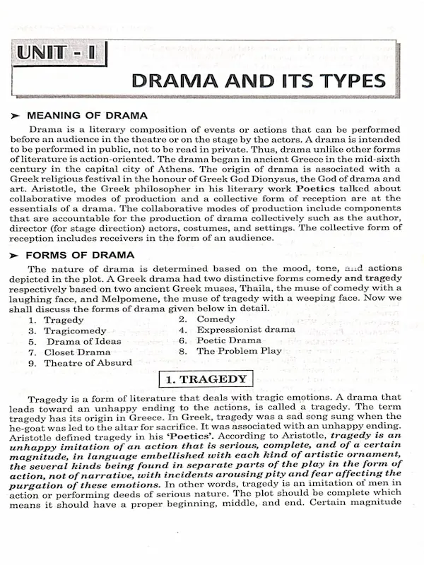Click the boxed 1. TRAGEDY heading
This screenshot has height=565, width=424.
[x=205, y=379]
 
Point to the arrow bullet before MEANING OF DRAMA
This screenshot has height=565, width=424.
[x=15, y=115]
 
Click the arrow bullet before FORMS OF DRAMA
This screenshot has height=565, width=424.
[x=15, y=255]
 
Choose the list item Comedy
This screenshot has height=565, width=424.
[x=216, y=319]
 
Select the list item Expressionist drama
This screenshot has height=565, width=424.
[x=246, y=330]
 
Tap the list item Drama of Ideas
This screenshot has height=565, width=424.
[x=83, y=341]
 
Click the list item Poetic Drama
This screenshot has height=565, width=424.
[x=229, y=340]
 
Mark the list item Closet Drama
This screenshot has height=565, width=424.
[x=77, y=352]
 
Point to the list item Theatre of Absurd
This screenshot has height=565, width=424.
[x=88, y=363]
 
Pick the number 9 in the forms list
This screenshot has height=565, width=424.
[x=32, y=363]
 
